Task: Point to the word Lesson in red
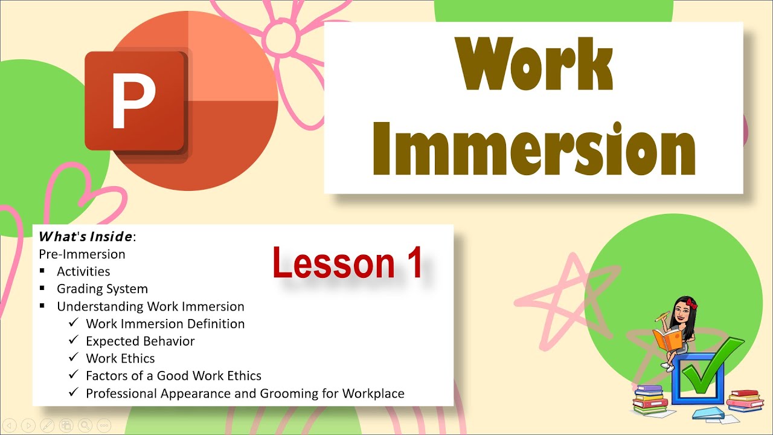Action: point(333,263)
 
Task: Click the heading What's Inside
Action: point(85,236)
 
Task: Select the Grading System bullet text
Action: point(102,289)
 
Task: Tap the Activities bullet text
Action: point(83,271)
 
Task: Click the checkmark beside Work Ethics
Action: point(73,358)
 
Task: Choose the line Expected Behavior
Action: point(140,341)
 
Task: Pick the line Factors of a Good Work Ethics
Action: point(173,376)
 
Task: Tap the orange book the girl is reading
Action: point(667,339)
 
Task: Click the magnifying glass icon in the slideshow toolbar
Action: point(85,425)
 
